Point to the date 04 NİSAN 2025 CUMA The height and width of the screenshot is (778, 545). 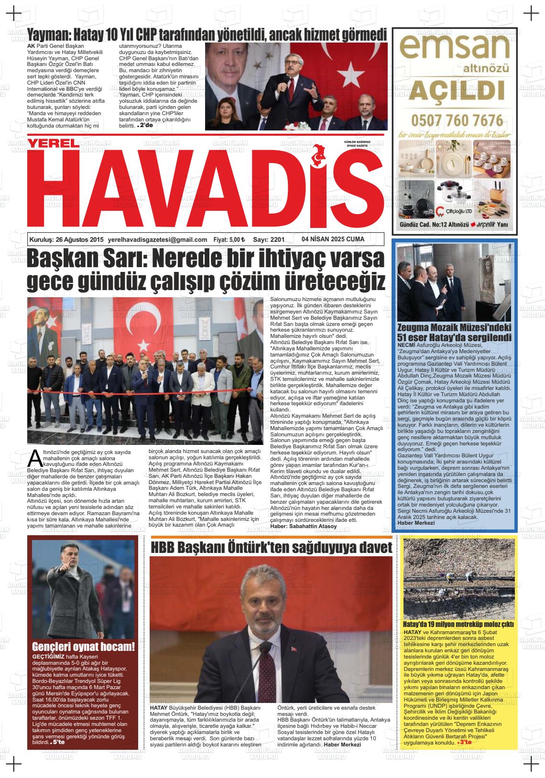pos(333,239)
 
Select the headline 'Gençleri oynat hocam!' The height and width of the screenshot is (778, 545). pos(83,648)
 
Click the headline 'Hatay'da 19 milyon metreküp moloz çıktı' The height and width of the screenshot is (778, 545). pos(458,624)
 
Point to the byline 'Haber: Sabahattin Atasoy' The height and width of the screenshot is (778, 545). pos(303,526)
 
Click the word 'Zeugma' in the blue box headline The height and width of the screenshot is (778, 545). pos(417,328)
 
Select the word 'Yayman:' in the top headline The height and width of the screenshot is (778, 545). pos(49,34)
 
